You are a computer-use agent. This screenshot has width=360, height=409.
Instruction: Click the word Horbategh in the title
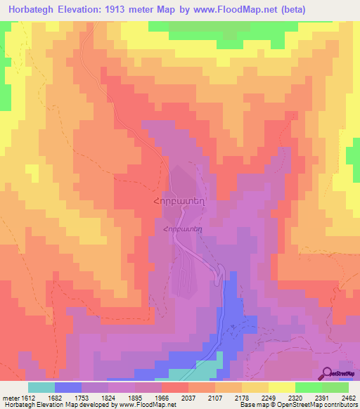tap(35, 11)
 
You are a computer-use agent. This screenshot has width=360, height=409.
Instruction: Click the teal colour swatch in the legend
tap(41, 387)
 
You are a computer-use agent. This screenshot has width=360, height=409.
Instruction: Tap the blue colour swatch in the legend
tap(68, 387)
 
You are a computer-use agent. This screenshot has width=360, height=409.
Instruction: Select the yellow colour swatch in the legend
tap(282, 387)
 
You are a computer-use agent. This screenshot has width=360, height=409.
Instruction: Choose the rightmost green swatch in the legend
tap(335, 387)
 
